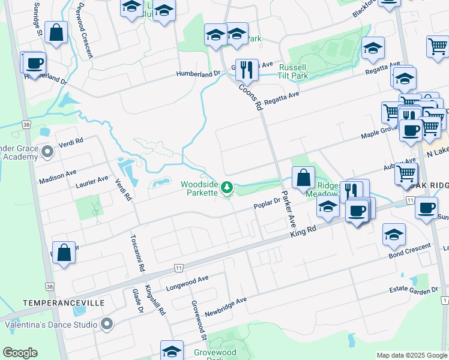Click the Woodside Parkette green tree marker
227,188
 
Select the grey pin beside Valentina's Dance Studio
107,325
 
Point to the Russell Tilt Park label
294,71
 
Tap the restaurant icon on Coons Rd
246,70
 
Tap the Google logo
20,353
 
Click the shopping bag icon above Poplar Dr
303,177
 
